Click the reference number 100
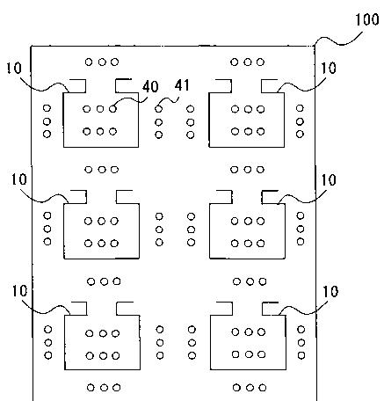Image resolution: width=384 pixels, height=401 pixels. click(x=367, y=20)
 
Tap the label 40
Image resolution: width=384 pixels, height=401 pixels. click(x=150, y=87)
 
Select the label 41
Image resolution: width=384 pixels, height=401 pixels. click(x=182, y=85)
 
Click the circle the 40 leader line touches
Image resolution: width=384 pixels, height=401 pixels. click(x=112, y=109)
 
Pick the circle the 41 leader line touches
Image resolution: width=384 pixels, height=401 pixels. click(x=158, y=109)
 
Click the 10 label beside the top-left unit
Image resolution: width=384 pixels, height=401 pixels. click(x=14, y=69)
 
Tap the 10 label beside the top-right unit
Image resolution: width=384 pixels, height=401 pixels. click(x=329, y=69)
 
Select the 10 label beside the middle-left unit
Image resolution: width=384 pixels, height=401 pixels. click(x=19, y=179)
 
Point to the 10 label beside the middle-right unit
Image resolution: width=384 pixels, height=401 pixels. click(x=329, y=179)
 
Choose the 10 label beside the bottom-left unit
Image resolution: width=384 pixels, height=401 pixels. click(x=19, y=291)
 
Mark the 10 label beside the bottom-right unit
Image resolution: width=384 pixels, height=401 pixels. click(x=330, y=292)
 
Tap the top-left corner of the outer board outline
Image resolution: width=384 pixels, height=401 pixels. click(x=32, y=46)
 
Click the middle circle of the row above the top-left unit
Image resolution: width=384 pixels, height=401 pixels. click(x=102, y=62)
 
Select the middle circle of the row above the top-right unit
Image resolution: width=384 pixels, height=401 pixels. click(x=248, y=62)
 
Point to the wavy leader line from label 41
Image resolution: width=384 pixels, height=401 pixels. click(x=169, y=100)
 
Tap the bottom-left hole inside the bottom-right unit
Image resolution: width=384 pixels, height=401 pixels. click(x=235, y=354)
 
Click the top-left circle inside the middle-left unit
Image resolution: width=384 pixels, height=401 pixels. click(x=88, y=221)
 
